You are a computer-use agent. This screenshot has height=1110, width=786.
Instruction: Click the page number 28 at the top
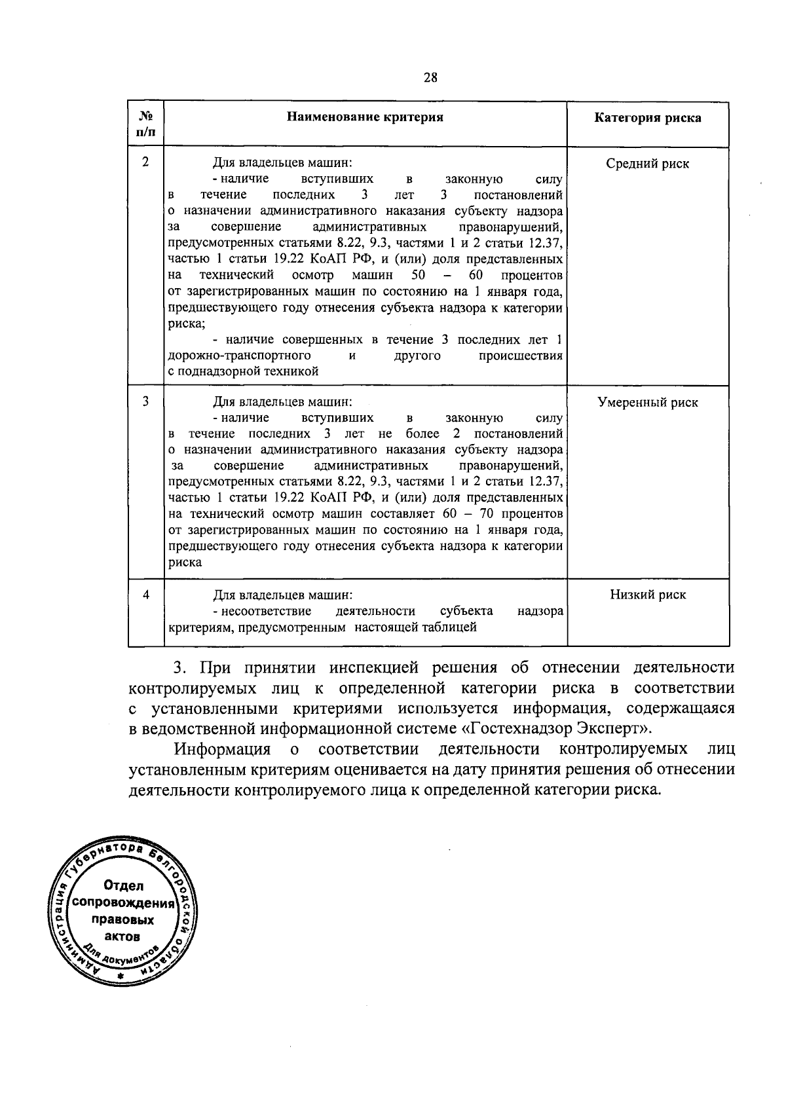(430, 78)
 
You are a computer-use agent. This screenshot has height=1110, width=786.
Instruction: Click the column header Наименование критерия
(365, 117)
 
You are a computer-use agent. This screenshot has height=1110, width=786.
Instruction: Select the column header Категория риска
(647, 118)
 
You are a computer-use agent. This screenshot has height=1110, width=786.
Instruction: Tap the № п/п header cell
(145, 123)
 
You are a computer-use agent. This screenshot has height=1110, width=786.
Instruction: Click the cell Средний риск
(647, 164)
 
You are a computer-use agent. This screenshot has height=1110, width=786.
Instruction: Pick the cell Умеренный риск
(647, 403)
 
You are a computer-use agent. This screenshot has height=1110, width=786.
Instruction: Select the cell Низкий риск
(647, 595)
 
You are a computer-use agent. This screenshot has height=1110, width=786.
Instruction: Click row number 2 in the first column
(145, 162)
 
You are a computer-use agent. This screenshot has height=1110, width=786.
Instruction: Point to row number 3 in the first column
(145, 401)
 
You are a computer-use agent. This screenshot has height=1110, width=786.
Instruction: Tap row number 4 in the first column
(145, 594)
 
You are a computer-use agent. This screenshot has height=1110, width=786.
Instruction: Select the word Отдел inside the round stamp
(124, 886)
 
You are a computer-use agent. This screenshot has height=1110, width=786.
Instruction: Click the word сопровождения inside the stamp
(124, 903)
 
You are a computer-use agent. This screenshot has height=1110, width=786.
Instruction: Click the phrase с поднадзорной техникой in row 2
(243, 372)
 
